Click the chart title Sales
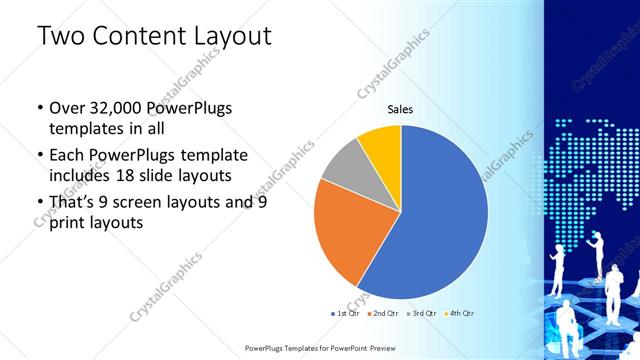pos(400,109)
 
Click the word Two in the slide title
pos(59,37)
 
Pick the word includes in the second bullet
pos(83,176)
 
